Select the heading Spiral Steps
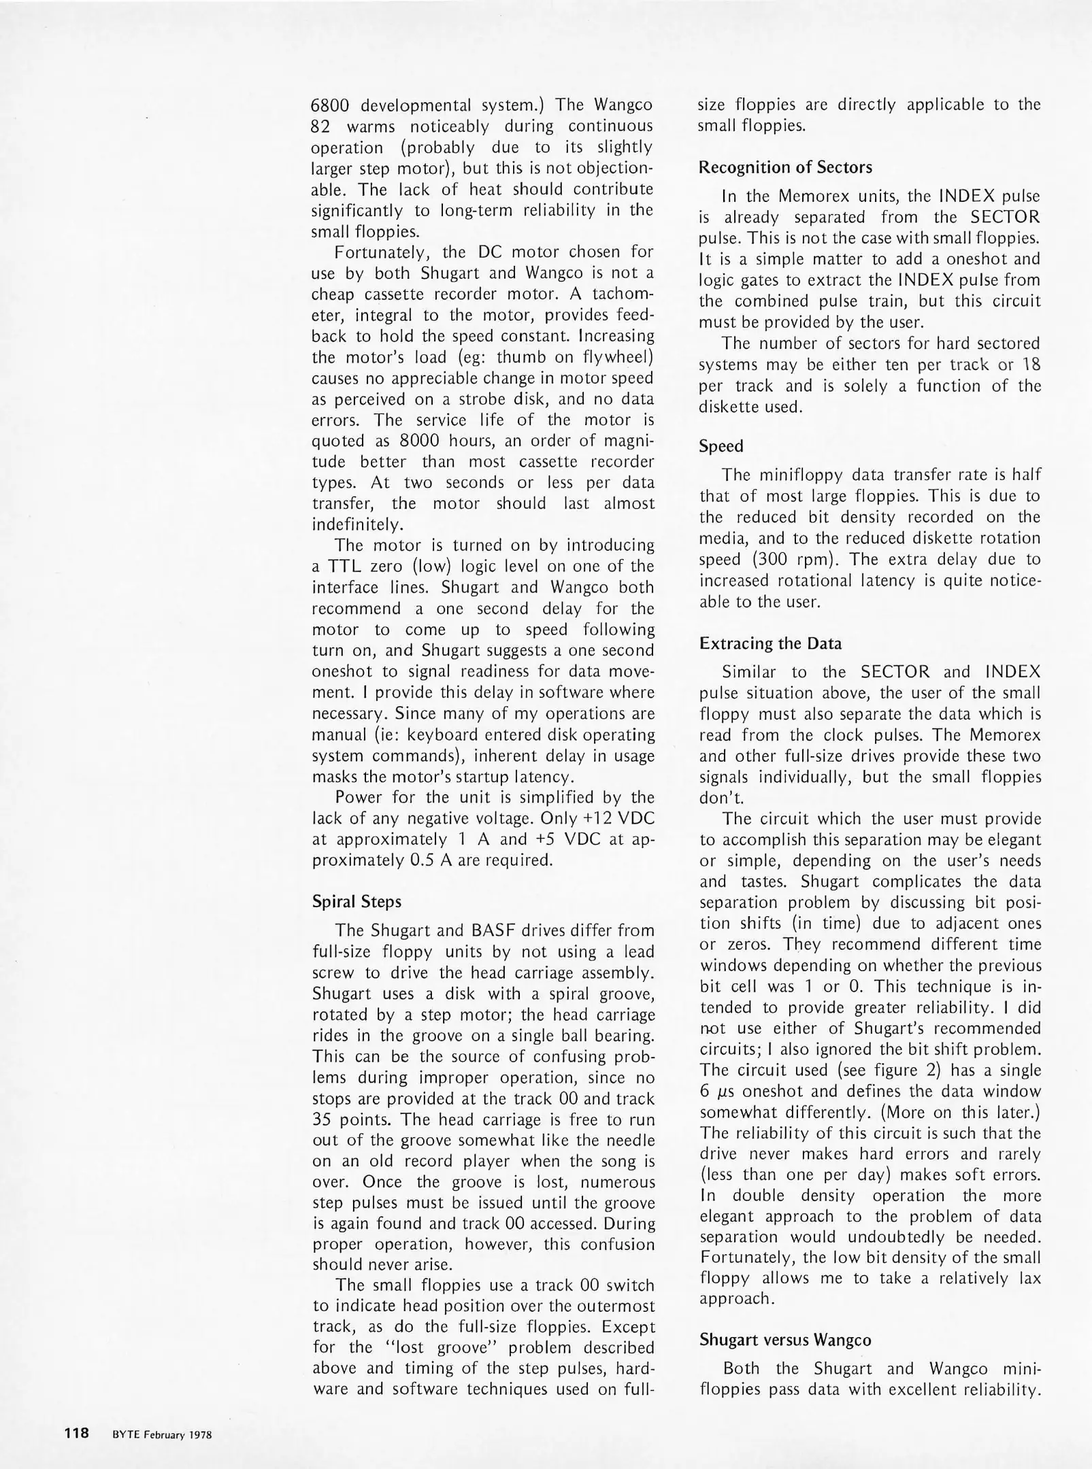pos(357,902)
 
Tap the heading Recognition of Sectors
pos(785,167)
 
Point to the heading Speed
pos(721,446)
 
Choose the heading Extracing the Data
pos(770,643)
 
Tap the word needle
pos(628,1140)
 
